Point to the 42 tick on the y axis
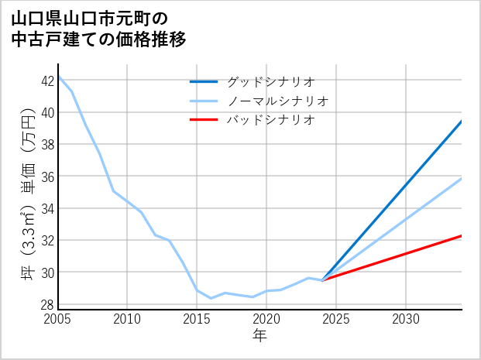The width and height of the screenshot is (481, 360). [x=48, y=80]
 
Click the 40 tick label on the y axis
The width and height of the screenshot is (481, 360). [x=48, y=112]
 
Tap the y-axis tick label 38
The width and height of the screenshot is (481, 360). [x=48, y=144]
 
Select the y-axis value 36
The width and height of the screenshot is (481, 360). [x=48, y=177]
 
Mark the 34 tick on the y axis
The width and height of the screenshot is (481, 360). [x=48, y=208]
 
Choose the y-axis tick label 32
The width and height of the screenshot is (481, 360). [x=48, y=241]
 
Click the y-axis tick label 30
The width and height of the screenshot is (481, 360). [x=48, y=273]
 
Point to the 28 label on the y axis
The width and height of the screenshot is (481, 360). [x=48, y=304]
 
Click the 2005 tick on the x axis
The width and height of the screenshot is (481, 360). [x=58, y=319]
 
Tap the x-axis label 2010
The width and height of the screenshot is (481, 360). [x=128, y=319]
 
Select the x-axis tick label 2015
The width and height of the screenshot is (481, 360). [x=197, y=319]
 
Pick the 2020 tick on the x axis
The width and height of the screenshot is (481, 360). [x=266, y=319]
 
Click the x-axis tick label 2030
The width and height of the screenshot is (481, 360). [x=405, y=319]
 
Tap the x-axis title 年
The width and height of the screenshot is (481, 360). [x=259, y=335]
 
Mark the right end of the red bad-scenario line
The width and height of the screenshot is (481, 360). [x=462, y=235]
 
